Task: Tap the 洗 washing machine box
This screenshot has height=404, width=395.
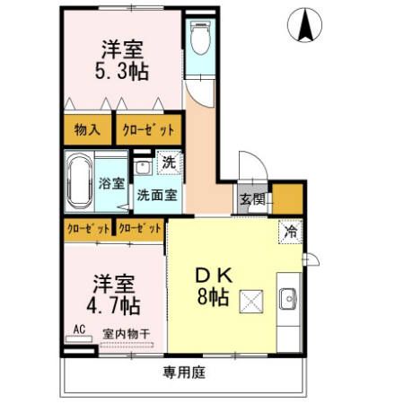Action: pos(169,165)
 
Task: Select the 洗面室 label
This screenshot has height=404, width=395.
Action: pos(156,195)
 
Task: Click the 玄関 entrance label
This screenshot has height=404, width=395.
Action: pos(251,200)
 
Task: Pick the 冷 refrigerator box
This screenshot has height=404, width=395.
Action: pos(290,232)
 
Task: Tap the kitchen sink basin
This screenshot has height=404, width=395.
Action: pos(290,299)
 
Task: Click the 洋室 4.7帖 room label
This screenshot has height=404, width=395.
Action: pos(113,294)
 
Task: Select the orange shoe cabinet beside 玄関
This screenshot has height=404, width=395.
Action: pos(287,198)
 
